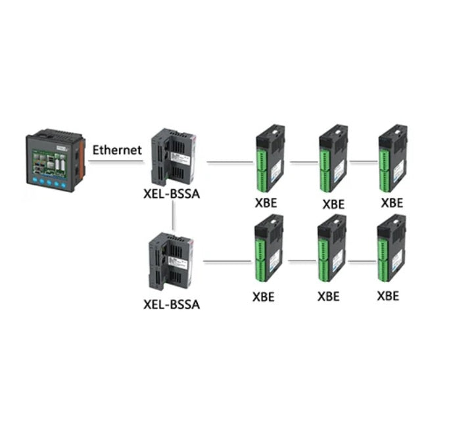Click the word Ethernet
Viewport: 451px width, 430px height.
pyautogui.click(x=117, y=150)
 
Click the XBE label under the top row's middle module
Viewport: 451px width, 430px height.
pyautogui.click(x=333, y=204)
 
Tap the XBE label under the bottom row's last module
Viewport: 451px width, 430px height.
pyautogui.click(x=388, y=295)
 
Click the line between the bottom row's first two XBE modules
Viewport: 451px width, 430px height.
pyautogui.click(x=302, y=262)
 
